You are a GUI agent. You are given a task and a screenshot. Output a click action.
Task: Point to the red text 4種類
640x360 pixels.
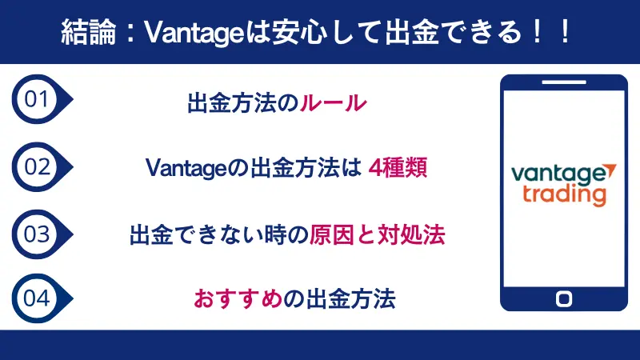(x=398, y=169)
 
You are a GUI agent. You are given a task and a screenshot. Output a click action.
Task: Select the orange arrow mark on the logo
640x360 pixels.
(x=610, y=169)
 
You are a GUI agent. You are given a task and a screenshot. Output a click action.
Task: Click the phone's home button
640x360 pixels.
(x=564, y=298)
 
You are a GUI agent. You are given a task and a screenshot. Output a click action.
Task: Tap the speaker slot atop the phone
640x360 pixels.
(x=564, y=82)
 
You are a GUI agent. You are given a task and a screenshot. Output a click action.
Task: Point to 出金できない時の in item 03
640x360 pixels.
(x=219, y=235)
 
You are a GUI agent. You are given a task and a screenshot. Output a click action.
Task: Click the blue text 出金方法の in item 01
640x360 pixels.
(x=243, y=103)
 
